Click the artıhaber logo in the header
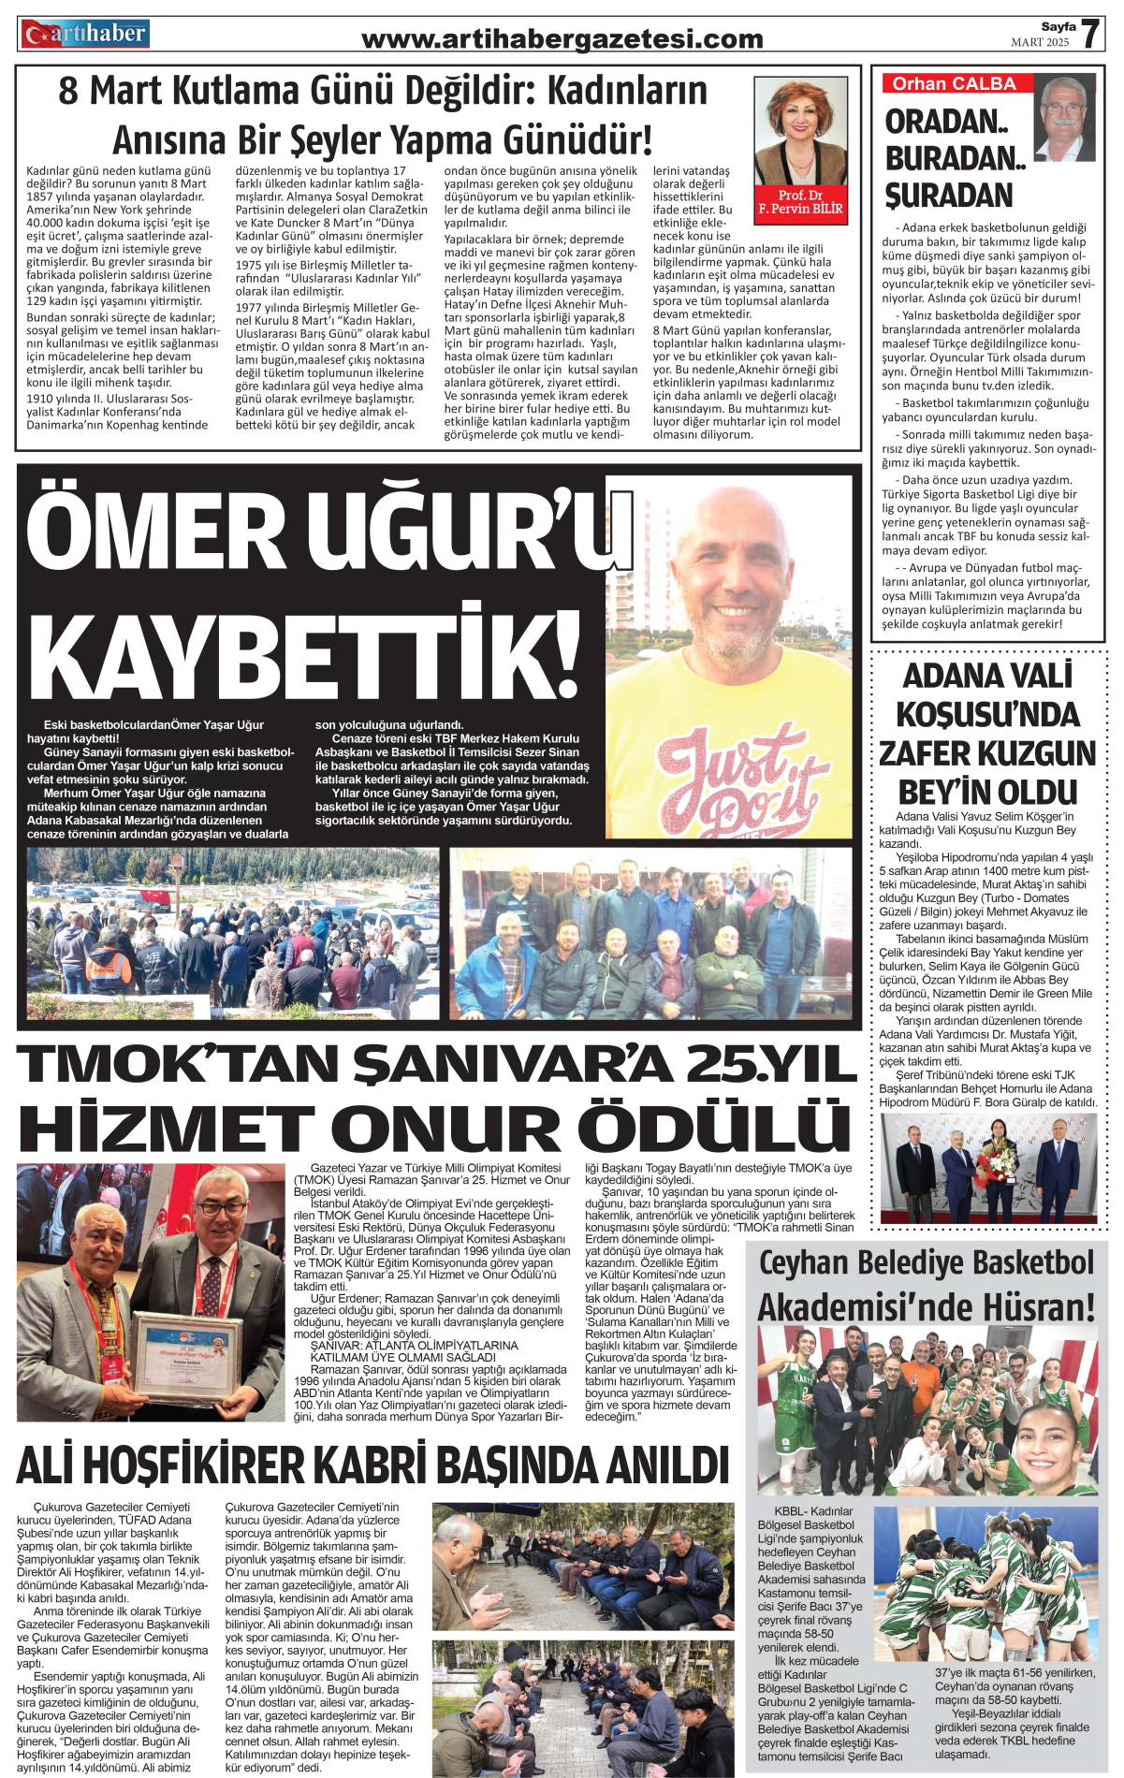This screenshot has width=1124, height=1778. (x=85, y=35)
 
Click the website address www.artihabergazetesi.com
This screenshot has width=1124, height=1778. (x=562, y=39)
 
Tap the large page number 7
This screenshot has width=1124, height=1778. (x=1090, y=35)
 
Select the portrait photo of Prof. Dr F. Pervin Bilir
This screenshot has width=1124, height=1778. (x=800, y=131)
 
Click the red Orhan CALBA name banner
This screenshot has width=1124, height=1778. (x=955, y=83)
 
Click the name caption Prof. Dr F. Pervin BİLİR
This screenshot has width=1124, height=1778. (x=800, y=202)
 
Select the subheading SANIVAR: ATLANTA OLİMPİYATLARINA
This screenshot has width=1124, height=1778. (x=414, y=1345)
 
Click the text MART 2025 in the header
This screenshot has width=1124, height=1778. (x=1039, y=43)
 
